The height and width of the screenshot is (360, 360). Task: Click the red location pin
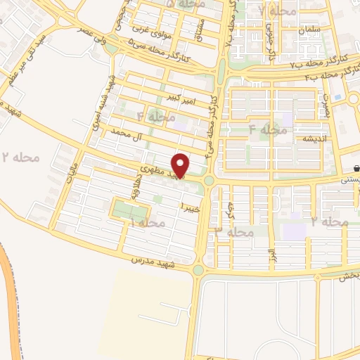181,165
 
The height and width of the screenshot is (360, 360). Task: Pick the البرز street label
269,253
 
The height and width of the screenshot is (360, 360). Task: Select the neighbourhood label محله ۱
146,223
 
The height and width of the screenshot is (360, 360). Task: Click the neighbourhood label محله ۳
234,231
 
